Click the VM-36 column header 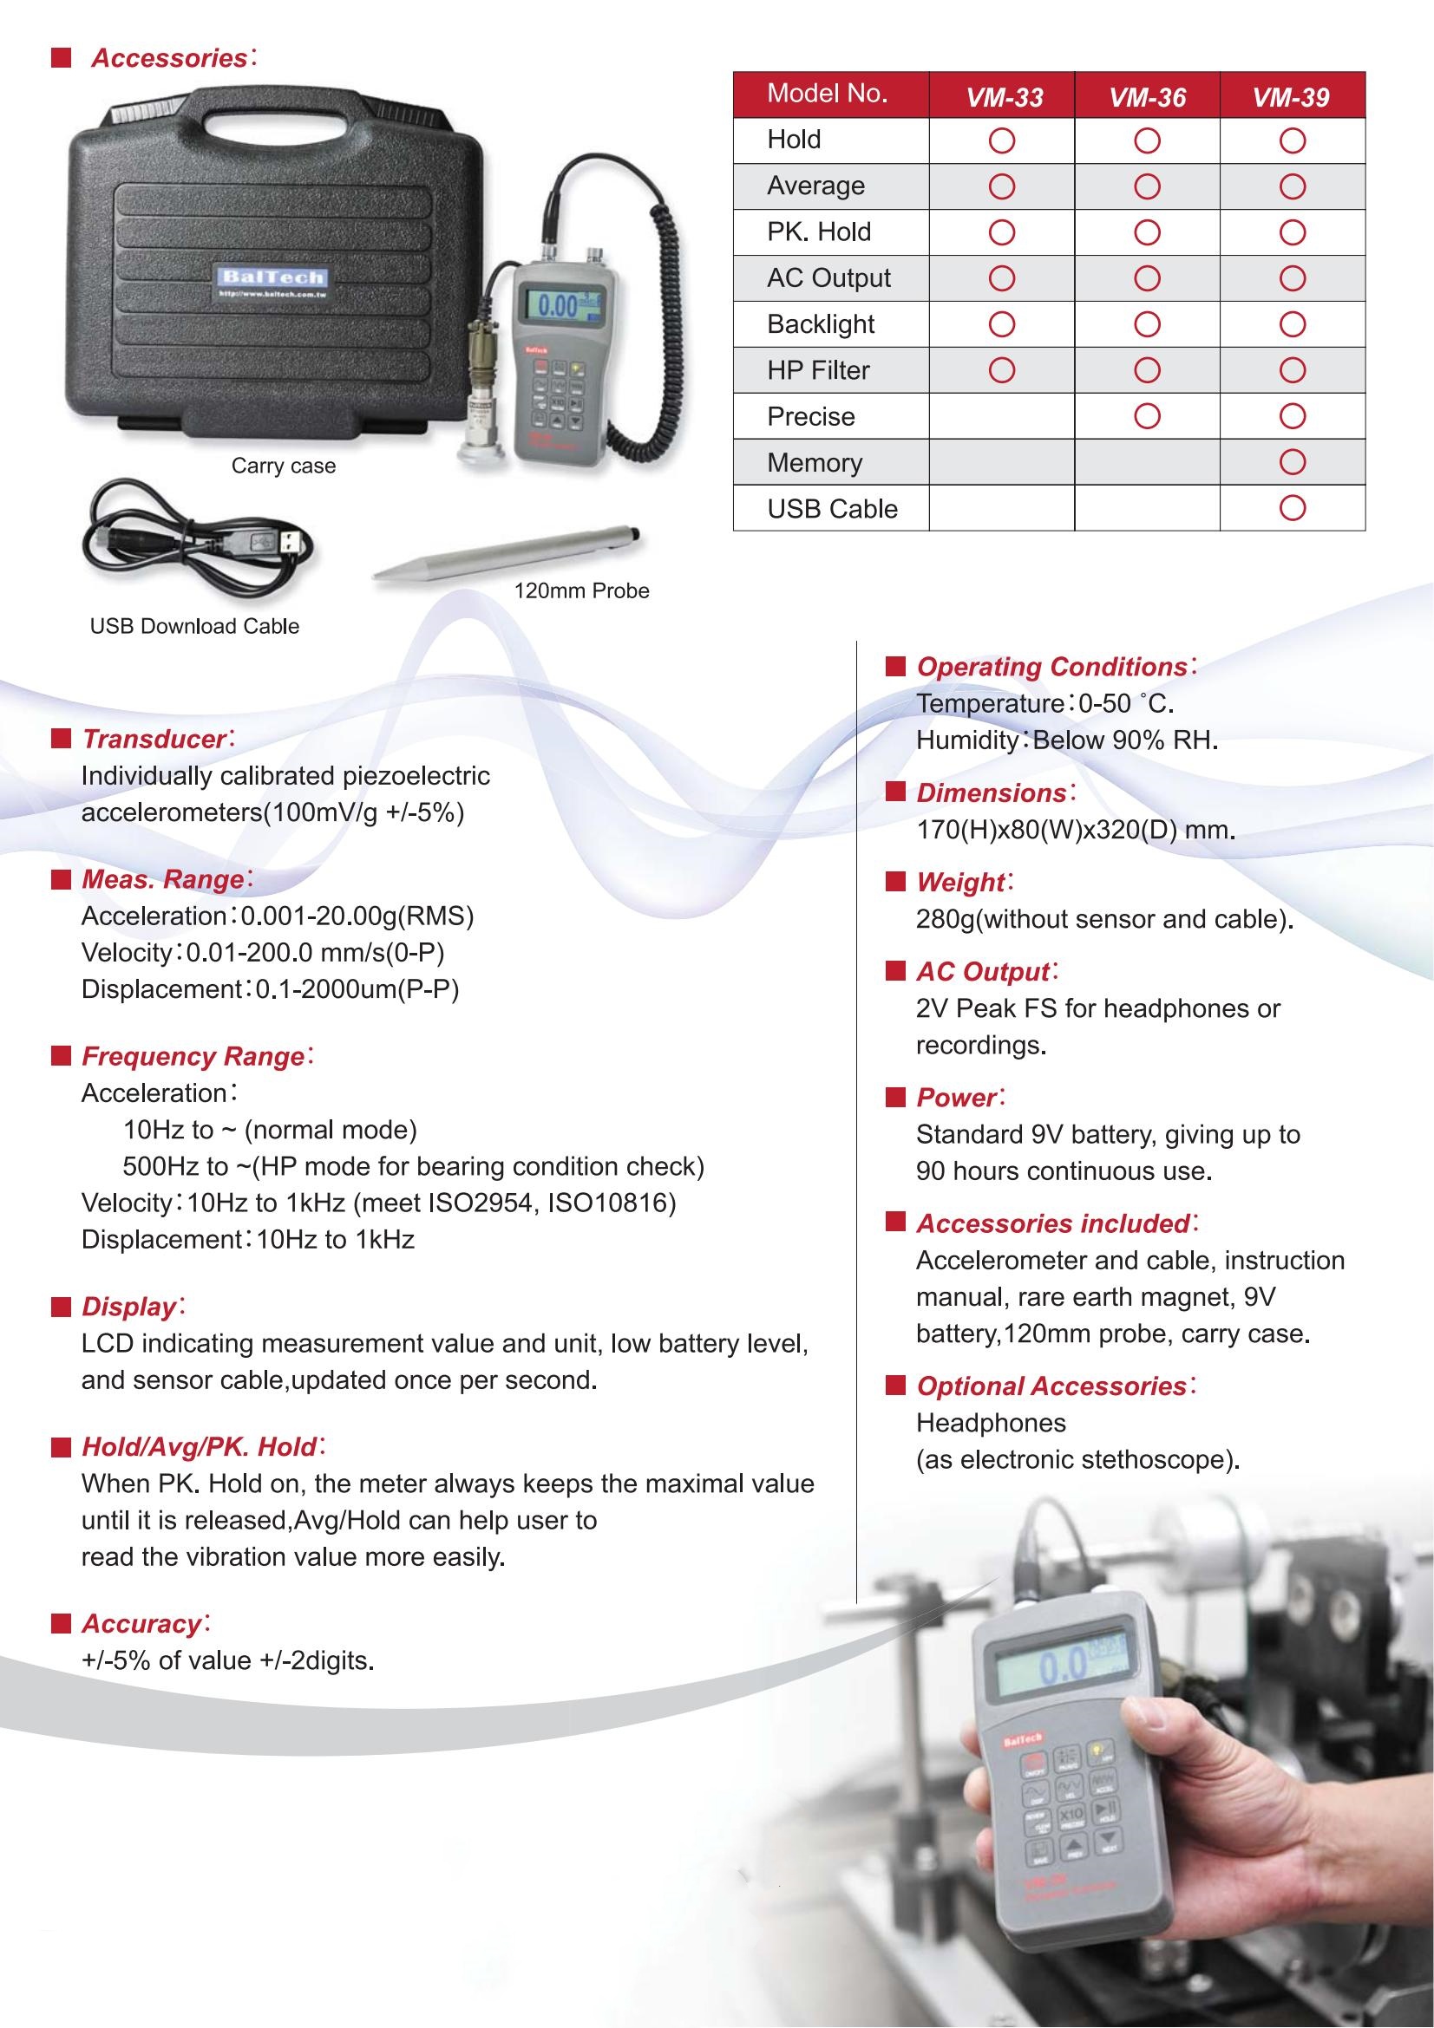click(x=1147, y=97)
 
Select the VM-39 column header click(x=1291, y=97)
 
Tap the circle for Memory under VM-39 click(x=1292, y=462)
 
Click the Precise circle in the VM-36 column click(x=1147, y=416)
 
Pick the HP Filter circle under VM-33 click(x=1002, y=370)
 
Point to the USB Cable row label click(x=831, y=509)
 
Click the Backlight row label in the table click(x=820, y=324)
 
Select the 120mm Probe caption click(x=581, y=591)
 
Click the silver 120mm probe click(x=508, y=555)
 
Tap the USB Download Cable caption click(x=194, y=626)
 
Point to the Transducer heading click(x=154, y=740)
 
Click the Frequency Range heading click(x=193, y=1056)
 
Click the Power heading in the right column click(x=957, y=1097)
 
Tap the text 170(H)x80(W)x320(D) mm click(x=1074, y=831)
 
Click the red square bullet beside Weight click(x=895, y=882)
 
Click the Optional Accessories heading click(x=1051, y=1386)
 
